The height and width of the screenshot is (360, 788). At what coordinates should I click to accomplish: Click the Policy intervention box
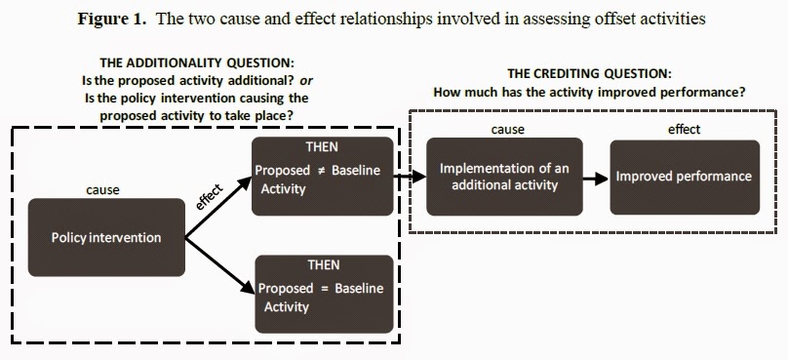coord(106,237)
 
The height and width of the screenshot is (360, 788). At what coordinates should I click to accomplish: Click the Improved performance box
coord(684,177)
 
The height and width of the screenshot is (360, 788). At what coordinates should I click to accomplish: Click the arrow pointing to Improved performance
coord(590,178)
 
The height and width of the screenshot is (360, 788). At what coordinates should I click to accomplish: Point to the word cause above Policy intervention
coord(103,190)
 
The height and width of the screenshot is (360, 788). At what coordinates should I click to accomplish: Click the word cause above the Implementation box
coord(507,130)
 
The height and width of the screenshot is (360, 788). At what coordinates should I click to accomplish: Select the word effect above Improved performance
coord(684,130)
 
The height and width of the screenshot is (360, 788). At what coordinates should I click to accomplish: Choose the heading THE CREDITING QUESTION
coord(589,74)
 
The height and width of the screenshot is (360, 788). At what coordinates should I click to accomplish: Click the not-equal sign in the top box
coord(322,171)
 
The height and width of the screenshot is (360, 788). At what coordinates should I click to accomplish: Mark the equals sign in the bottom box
coord(322,289)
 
